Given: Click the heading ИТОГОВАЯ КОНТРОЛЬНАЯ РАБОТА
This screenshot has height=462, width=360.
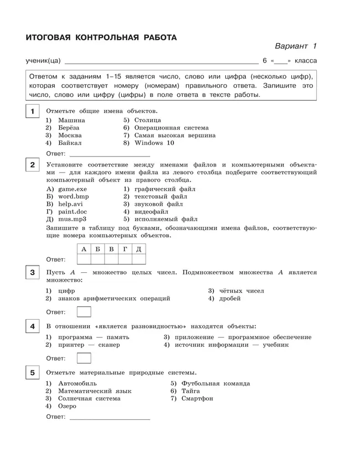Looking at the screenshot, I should click(101, 38).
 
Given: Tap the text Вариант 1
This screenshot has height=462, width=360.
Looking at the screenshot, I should click(295, 46).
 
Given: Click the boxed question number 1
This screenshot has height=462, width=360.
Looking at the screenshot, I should click(32, 112).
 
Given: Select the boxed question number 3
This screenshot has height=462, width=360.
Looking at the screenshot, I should click(32, 272).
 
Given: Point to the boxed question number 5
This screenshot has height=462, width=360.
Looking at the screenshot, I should click(32, 372).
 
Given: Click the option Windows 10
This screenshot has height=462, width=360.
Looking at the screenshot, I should click(154, 143).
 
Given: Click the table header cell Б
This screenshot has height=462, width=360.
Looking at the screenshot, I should click(97, 249).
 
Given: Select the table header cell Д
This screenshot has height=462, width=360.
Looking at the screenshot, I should click(138, 249).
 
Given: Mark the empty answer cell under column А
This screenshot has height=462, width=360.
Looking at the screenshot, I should click(84, 259).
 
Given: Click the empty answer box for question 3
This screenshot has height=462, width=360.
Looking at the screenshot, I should click(84, 312).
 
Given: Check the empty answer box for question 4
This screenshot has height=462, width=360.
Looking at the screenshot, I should click(84, 358).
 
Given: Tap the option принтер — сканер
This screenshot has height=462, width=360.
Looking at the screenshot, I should click(89, 345).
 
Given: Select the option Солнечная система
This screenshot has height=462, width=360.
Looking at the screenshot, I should click(89, 398).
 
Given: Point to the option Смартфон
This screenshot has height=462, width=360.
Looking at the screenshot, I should click(197, 398).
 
